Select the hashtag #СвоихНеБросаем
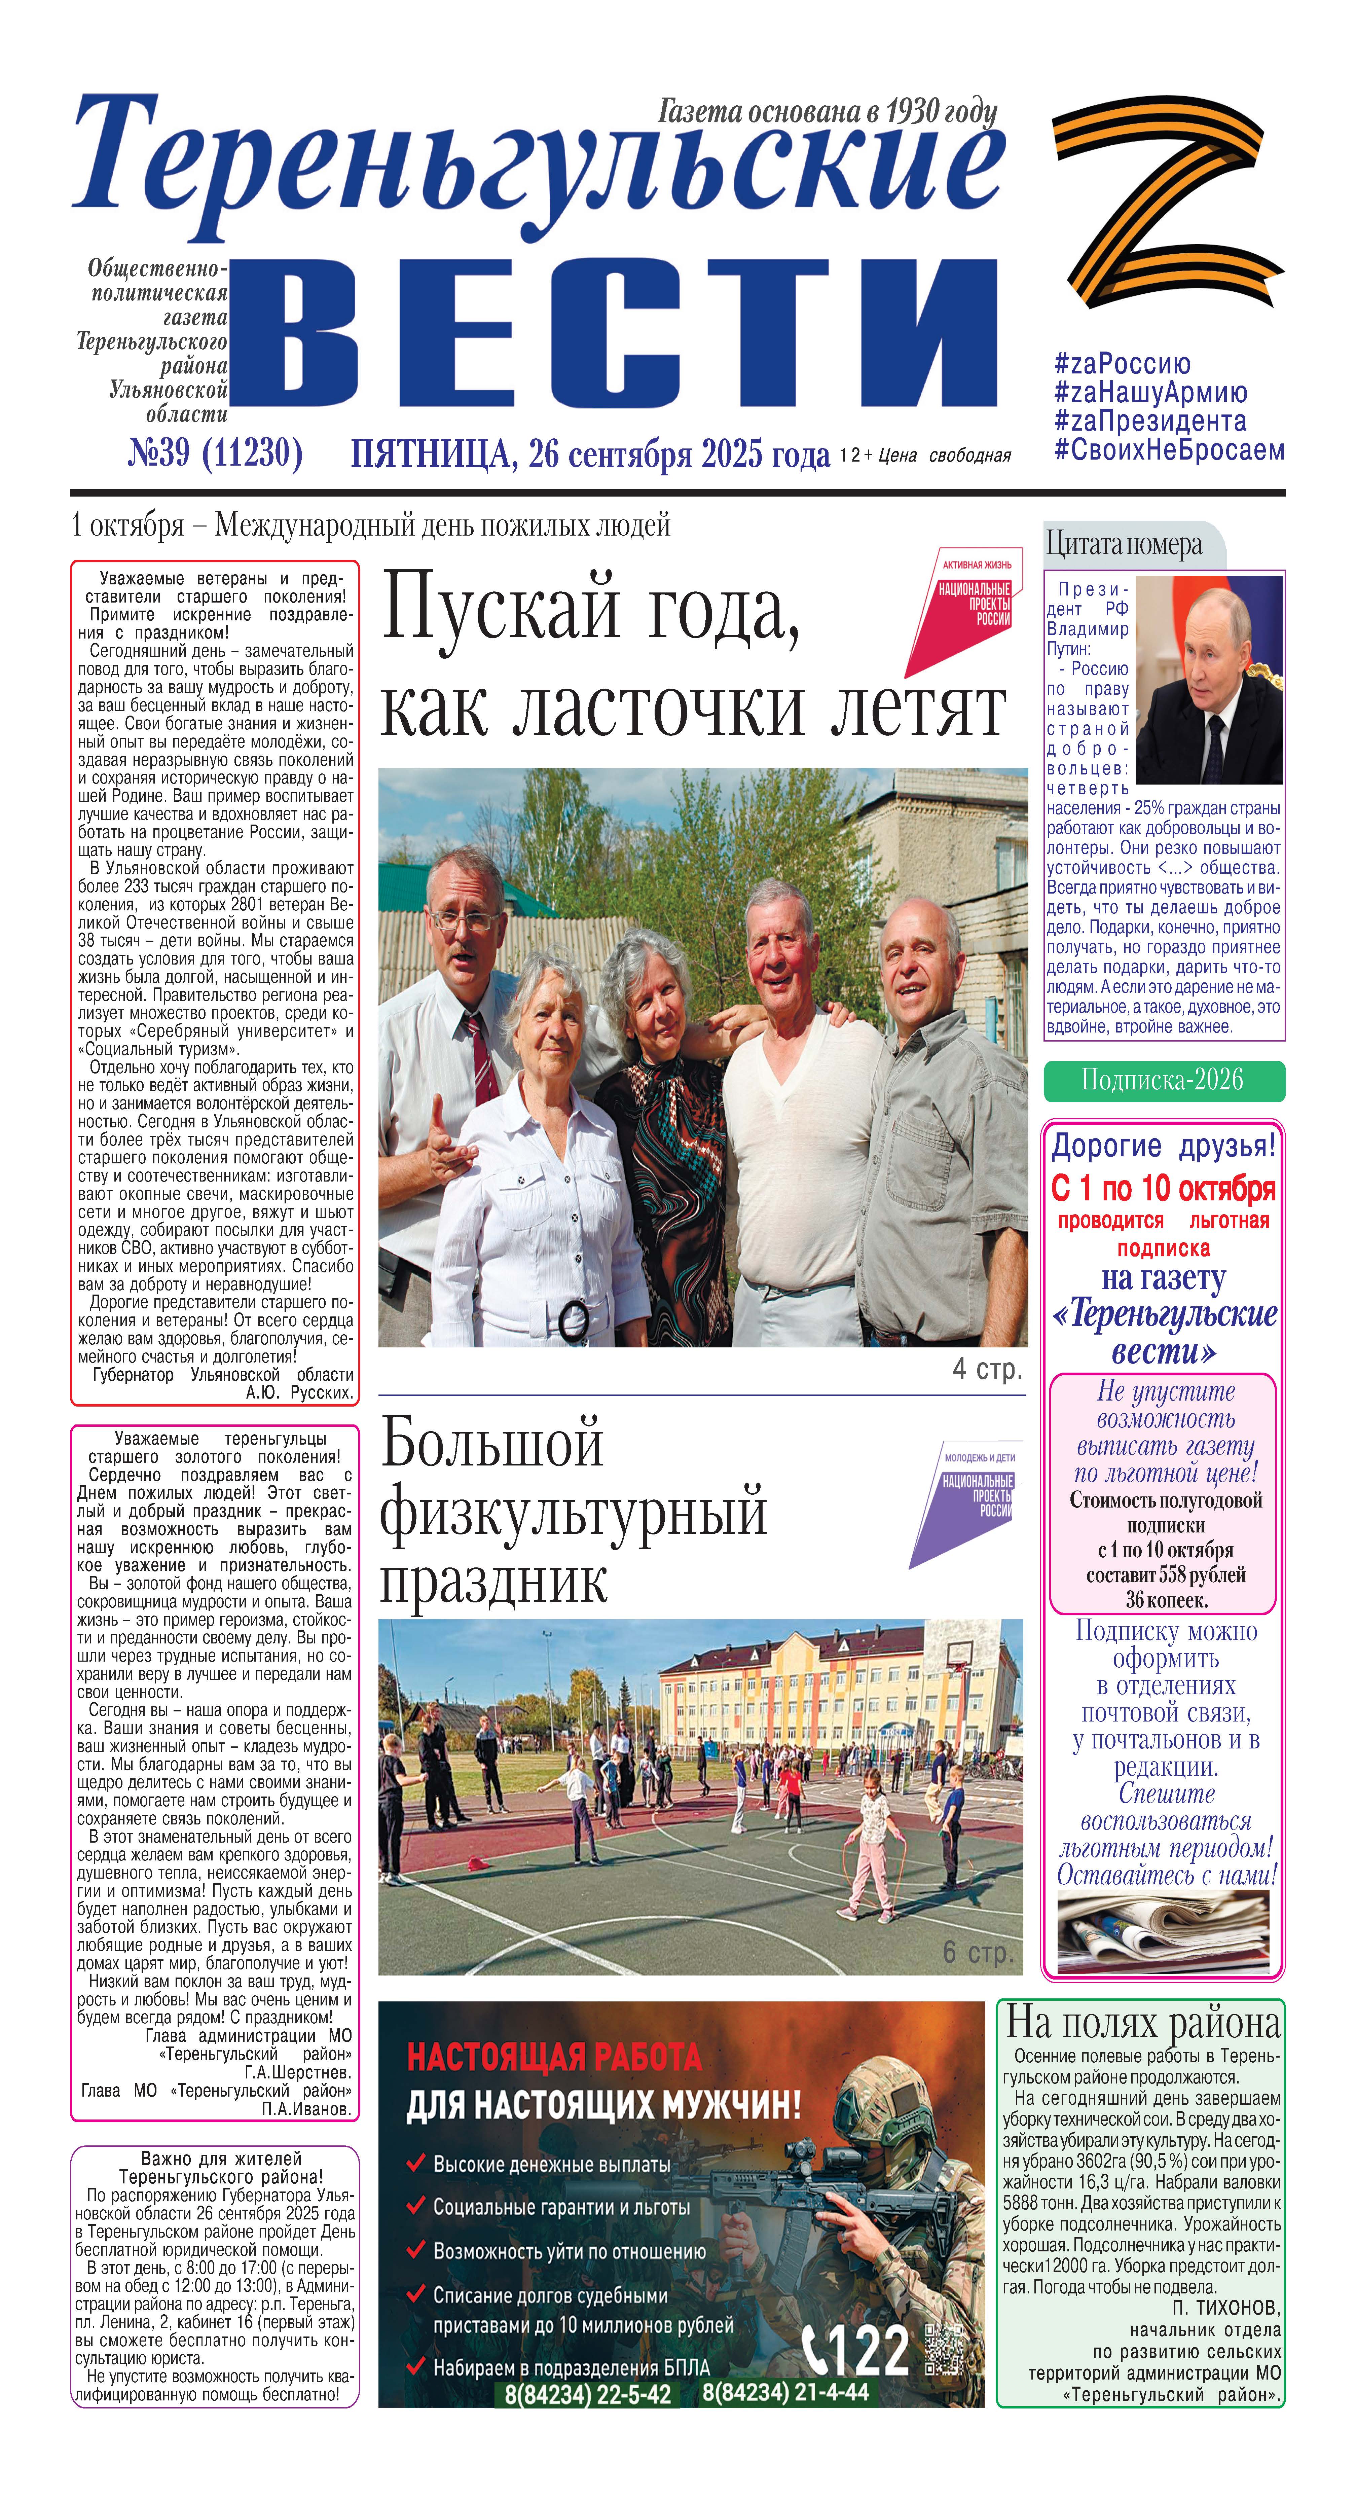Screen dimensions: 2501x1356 click(1169, 450)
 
